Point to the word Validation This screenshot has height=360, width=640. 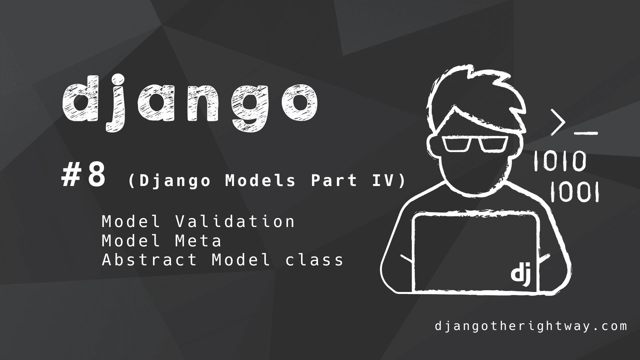[235, 221]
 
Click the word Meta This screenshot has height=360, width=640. [198, 241]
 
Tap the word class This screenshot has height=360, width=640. [314, 260]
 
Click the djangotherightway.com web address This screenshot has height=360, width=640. [531, 326]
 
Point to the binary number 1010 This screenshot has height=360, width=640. [560, 161]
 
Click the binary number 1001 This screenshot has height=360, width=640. [574, 192]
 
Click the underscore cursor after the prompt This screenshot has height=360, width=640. [586, 134]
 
